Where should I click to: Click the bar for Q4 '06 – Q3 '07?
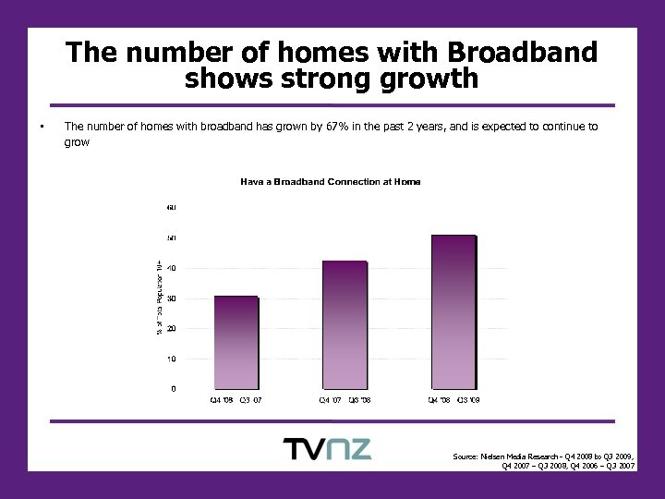[236, 342]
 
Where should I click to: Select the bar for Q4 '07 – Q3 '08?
[345, 324]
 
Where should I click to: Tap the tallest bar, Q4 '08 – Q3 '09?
[453, 311]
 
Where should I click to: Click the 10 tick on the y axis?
[173, 359]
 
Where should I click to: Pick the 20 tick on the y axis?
[173, 328]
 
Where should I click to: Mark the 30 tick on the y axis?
[173, 298]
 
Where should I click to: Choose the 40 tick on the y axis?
[173, 268]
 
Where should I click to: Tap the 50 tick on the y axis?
[173, 237]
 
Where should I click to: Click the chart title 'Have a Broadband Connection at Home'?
[331, 182]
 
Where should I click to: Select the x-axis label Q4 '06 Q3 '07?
[236, 400]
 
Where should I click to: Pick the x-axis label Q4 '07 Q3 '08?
[345, 400]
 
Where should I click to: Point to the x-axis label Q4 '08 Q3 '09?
[453, 400]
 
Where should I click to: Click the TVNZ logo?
[327, 449]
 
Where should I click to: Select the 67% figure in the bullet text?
[337, 127]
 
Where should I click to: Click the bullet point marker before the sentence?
[42, 127]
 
